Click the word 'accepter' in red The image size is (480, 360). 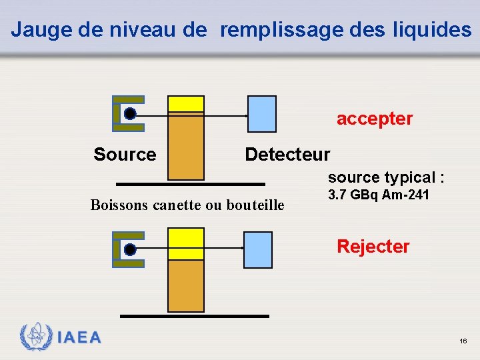(374, 119)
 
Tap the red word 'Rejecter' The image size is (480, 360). (373, 247)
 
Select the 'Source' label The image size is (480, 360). (125, 155)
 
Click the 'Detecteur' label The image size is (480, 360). (287, 155)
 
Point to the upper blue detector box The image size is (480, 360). (262, 114)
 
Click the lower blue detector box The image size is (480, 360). (258, 249)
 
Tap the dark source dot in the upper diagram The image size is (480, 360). (131, 114)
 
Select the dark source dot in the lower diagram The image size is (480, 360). (130, 249)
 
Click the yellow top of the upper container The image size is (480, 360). (186, 103)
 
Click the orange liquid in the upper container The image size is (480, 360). (186, 147)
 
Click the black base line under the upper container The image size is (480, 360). (190, 183)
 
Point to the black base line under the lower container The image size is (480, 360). (195, 315)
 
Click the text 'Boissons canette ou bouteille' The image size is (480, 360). (187, 205)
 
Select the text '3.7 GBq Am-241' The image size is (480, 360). (378, 195)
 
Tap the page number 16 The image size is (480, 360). (463, 341)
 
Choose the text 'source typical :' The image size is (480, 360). (386, 177)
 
